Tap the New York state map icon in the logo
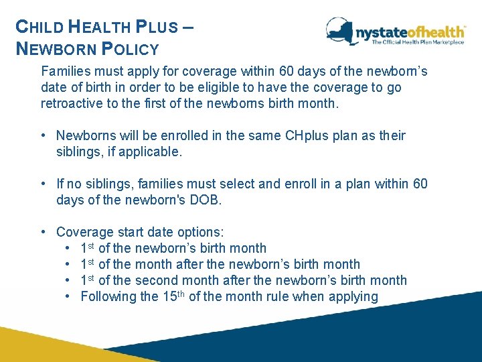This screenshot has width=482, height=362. (339, 32)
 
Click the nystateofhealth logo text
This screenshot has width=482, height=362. (410, 32)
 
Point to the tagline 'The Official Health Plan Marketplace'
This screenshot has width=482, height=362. (418, 42)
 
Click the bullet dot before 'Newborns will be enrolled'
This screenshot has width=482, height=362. (44, 135)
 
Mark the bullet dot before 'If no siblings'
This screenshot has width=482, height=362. (44, 184)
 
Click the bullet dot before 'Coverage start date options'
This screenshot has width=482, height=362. (44, 232)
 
